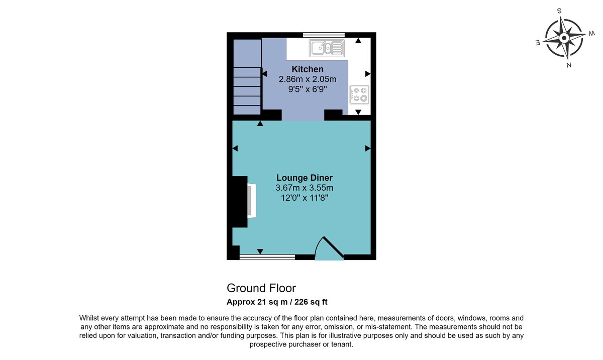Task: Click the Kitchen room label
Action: pyautogui.click(x=308, y=69)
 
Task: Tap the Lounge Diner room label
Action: pyautogui.click(x=305, y=178)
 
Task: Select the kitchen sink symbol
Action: pyautogui.click(x=327, y=48)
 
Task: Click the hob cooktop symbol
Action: pyautogui.click(x=359, y=94)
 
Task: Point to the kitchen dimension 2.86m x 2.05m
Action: pyautogui.click(x=308, y=79)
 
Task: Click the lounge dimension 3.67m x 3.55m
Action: pyautogui.click(x=305, y=188)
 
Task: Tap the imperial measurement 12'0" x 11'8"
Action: pyautogui.click(x=305, y=198)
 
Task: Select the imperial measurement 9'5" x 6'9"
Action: pyautogui.click(x=308, y=89)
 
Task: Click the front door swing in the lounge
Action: pyautogui.click(x=329, y=249)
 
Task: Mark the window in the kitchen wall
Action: pyautogui.click(x=324, y=35)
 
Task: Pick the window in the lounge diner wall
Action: pyautogui.click(x=267, y=257)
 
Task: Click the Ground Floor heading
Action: pyautogui.click(x=261, y=288)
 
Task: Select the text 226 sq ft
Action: pyautogui.click(x=311, y=302)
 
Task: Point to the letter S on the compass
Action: pyautogui.click(x=559, y=11)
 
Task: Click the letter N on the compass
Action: pyautogui.click(x=569, y=65)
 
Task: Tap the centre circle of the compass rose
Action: pyautogui.click(x=564, y=38)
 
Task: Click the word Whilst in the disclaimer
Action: pyautogui.click(x=90, y=318)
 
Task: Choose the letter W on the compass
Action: pyautogui.click(x=592, y=34)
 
